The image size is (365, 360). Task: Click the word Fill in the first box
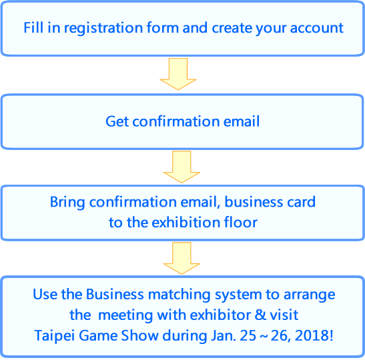point(33,28)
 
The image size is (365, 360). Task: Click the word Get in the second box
point(117,121)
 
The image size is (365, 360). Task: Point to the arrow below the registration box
point(178,74)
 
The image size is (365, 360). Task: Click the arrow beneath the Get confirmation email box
point(181,167)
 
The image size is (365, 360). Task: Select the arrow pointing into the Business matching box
point(181,259)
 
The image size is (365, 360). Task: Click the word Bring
point(67,203)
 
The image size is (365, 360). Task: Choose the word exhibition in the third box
point(186,222)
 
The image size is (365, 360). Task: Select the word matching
point(179,295)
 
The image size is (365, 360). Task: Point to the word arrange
point(310,295)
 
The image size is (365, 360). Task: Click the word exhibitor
point(220,315)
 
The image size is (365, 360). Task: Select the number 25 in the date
point(248,336)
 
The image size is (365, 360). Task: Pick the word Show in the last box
point(139,336)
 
